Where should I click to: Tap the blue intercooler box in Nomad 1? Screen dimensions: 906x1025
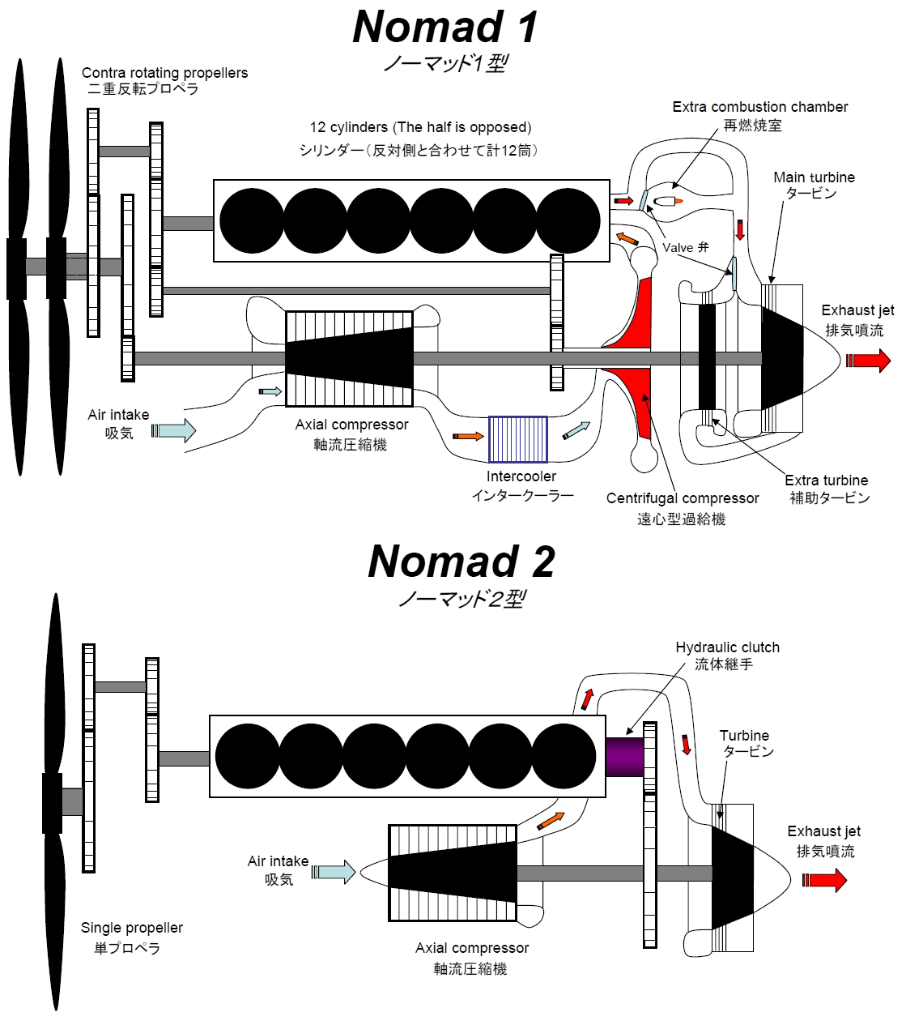pyautogui.click(x=517, y=439)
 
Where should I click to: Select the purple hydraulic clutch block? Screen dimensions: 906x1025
pyautogui.click(x=624, y=757)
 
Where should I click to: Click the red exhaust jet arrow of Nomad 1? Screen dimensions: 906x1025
pyautogui.click(x=868, y=361)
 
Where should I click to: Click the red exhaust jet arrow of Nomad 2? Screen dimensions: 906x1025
pyautogui.click(x=824, y=881)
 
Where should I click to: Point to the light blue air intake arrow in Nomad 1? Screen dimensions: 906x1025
pyautogui.click(x=174, y=431)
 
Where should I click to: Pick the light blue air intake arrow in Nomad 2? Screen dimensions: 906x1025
pyautogui.click(x=334, y=872)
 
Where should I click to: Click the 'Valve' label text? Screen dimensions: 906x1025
pyautogui.click(x=678, y=247)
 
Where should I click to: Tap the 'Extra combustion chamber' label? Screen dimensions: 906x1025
pyautogui.click(x=760, y=107)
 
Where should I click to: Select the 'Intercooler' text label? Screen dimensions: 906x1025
pyautogui.click(x=521, y=476)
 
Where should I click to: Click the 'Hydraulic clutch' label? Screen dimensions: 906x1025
pyautogui.click(x=728, y=647)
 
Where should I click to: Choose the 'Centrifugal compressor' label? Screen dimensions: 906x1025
pyautogui.click(x=683, y=498)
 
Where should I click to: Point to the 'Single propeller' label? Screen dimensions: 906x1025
pyautogui.click(x=132, y=927)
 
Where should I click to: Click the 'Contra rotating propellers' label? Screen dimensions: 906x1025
pyautogui.click(x=165, y=73)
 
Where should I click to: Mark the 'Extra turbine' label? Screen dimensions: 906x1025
pyautogui.click(x=826, y=480)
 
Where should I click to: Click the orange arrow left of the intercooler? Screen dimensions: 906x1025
pyautogui.click(x=468, y=436)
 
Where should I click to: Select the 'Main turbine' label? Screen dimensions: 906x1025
pyautogui.click(x=814, y=177)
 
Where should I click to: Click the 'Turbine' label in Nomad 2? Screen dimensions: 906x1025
pyautogui.click(x=744, y=735)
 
